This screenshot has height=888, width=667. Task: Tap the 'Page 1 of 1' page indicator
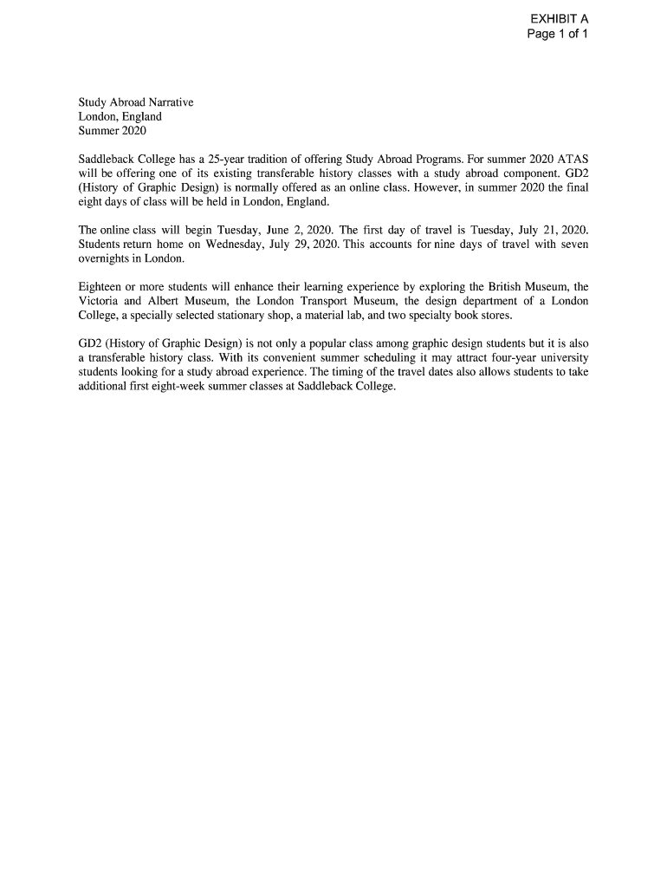tap(558, 35)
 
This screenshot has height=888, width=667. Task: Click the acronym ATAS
tap(573, 160)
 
